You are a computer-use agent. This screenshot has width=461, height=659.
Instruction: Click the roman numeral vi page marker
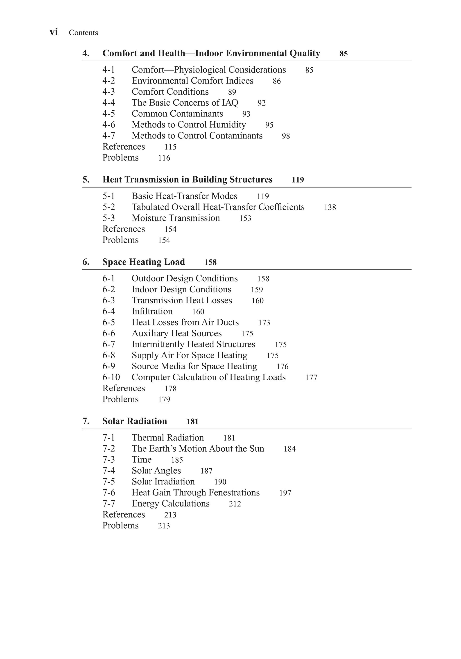click(54, 32)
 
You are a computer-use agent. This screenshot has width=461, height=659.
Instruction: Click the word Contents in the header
click(83, 33)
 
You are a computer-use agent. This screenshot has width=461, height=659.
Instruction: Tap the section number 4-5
click(108, 114)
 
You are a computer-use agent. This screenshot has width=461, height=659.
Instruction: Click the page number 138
click(330, 207)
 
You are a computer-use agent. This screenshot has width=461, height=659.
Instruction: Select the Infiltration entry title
click(152, 311)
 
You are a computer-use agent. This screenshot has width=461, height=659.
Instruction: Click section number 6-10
click(111, 377)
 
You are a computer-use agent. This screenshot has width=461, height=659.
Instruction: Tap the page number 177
click(311, 378)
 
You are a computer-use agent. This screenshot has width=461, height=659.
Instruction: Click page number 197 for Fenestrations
click(285, 493)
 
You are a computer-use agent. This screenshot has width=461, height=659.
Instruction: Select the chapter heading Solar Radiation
click(135, 421)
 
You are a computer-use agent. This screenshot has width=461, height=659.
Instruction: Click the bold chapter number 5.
click(86, 180)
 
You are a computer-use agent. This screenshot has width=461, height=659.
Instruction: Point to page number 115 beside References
click(170, 147)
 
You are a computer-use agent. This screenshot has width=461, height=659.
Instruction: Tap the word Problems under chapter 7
click(120, 525)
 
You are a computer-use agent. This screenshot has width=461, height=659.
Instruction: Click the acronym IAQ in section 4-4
click(230, 103)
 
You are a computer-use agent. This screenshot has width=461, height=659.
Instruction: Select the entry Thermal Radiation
click(167, 437)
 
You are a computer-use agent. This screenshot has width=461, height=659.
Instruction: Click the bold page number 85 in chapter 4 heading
click(343, 54)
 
